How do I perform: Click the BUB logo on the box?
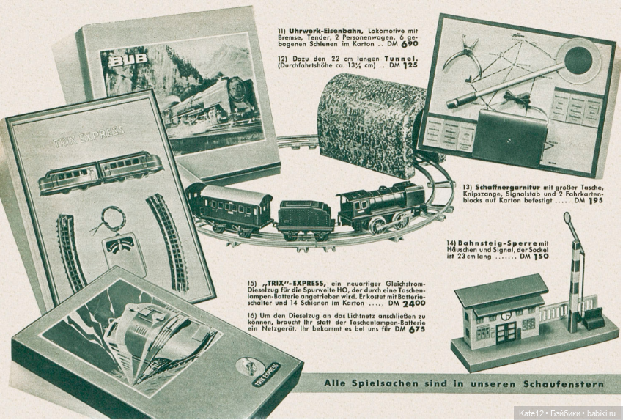(x=128, y=60)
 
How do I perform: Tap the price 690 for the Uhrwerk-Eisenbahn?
(x=409, y=44)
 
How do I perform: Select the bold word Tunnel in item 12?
(x=402, y=58)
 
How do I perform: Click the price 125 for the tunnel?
(x=410, y=65)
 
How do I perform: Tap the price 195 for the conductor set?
(x=595, y=200)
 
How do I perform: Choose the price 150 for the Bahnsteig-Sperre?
(x=541, y=257)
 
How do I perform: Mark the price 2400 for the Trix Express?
(x=413, y=303)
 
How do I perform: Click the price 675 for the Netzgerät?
(x=417, y=329)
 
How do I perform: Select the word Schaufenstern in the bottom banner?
(x=564, y=384)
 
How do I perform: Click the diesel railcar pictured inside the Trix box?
(x=101, y=172)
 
